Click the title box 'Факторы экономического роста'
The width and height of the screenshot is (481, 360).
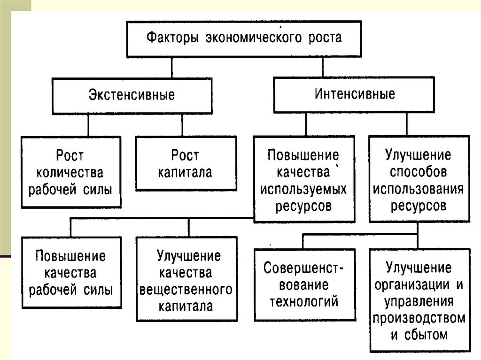[244, 38]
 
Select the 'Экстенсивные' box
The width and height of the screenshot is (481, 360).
[132, 95]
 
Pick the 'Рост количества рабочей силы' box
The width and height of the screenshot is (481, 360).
[71, 172]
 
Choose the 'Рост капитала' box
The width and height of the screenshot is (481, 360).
[186, 163]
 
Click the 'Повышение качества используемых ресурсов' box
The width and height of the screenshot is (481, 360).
[304, 179]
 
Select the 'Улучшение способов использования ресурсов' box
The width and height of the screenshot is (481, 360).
[419, 179]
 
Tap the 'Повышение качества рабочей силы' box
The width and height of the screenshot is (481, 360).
[71, 272]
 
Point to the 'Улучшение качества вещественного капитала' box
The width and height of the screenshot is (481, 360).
[186, 279]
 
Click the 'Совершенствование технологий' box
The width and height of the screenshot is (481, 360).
[304, 284]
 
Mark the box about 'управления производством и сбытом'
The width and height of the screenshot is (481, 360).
[419, 300]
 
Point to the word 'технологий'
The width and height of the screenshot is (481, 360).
[304, 301]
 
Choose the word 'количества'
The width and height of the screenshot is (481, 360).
[71, 172]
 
